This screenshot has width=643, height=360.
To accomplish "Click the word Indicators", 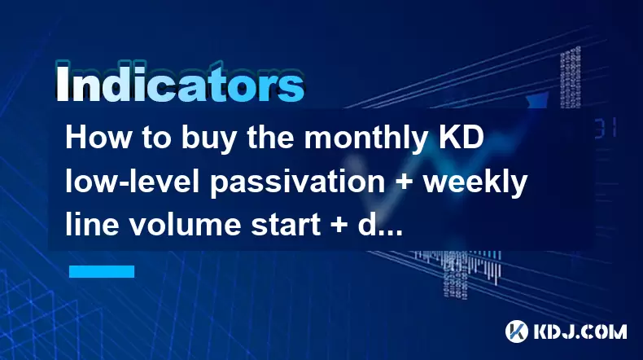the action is pyautogui.click(x=180, y=82).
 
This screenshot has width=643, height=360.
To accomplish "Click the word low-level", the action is pyautogui.click(x=132, y=182).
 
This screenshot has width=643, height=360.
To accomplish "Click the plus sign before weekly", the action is pyautogui.click(x=404, y=182).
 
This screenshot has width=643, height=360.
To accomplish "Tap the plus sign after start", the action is pyautogui.click(x=339, y=226).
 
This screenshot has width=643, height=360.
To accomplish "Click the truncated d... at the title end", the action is pyautogui.click(x=380, y=225).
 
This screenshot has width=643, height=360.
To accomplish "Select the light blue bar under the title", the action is pyautogui.click(x=102, y=271).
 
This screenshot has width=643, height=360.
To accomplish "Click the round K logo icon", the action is pyautogui.click(x=517, y=331).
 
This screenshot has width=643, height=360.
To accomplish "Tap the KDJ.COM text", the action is pyautogui.click(x=580, y=331).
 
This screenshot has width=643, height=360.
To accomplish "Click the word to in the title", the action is pyautogui.click(x=156, y=138).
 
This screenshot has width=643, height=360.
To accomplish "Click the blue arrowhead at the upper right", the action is pyautogui.click(x=539, y=99).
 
